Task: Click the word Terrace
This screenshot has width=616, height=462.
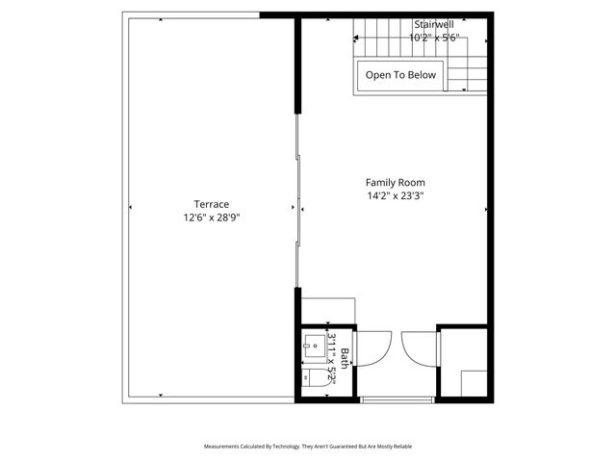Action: (x=211, y=204)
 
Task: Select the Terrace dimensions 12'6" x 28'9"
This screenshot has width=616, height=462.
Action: (x=211, y=218)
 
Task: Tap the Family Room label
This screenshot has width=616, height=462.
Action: (x=395, y=182)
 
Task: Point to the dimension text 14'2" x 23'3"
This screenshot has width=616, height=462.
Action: (x=395, y=195)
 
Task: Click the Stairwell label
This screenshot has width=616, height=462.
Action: (x=433, y=24)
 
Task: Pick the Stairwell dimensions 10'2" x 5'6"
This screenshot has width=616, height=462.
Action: (x=433, y=38)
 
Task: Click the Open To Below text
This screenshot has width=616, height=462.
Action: (x=399, y=75)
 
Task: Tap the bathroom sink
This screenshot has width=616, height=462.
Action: (x=313, y=344)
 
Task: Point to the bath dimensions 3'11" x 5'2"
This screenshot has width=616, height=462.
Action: (x=331, y=359)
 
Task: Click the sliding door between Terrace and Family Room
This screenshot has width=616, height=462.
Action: (x=299, y=202)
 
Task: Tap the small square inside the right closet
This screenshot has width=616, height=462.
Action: (x=473, y=383)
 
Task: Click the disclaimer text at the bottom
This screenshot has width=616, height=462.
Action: (x=307, y=447)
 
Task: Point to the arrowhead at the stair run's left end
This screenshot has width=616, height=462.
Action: (x=357, y=39)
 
